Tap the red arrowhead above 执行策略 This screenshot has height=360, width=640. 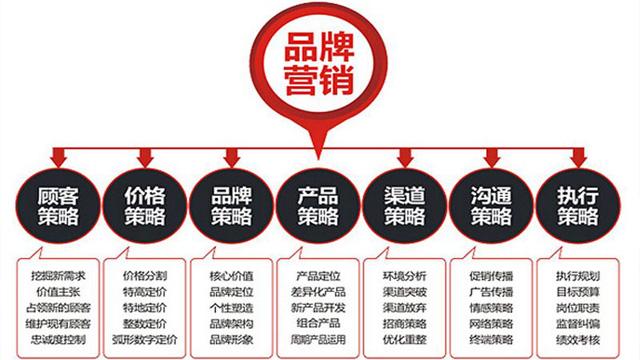[581, 158]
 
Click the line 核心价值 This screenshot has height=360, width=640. [231, 273]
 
